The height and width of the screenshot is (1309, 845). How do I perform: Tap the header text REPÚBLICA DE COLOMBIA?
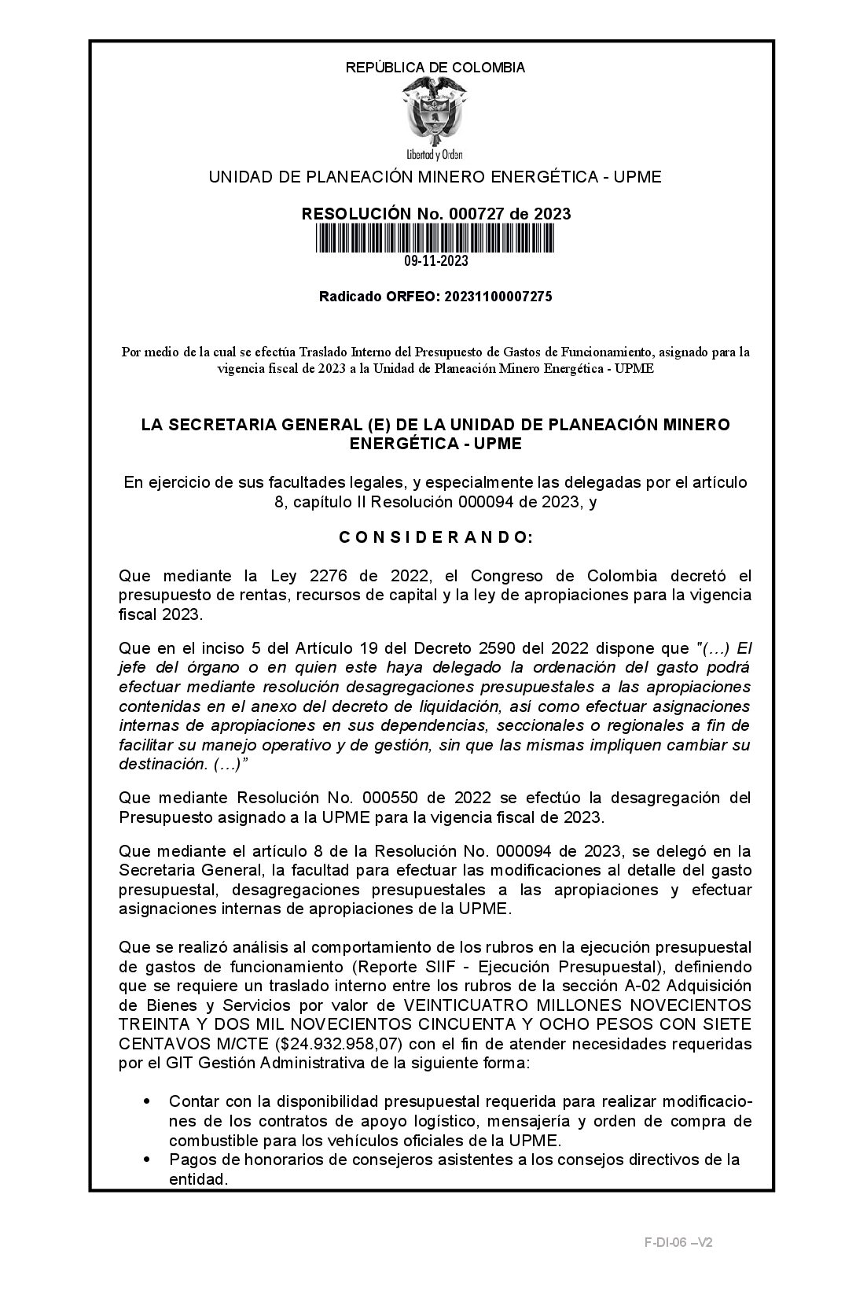(435, 68)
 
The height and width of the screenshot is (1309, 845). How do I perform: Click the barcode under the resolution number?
(435, 238)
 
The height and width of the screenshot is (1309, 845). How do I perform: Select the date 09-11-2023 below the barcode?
(436, 261)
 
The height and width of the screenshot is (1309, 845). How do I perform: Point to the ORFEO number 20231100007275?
(498, 297)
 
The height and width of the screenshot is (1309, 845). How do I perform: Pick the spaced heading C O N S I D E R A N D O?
(435, 538)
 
